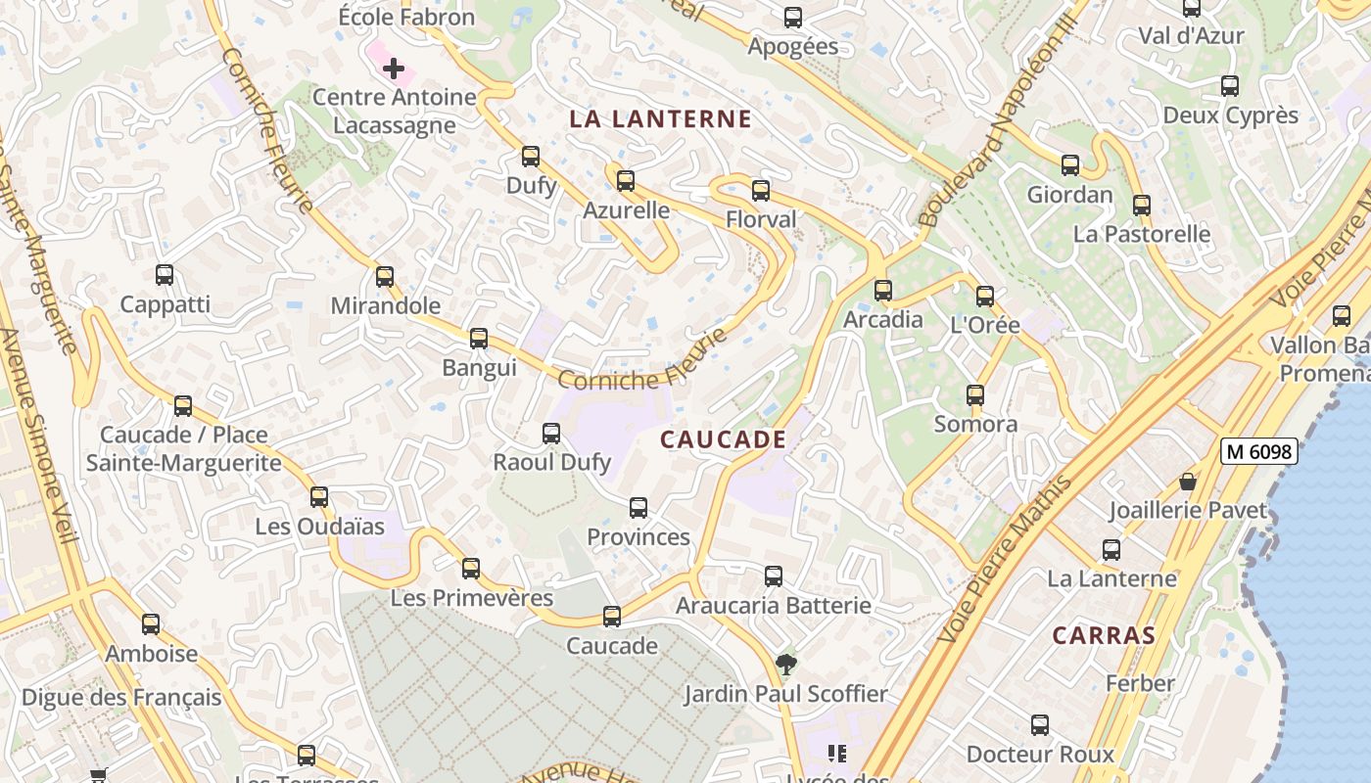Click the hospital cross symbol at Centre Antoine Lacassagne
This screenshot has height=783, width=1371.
pyautogui.click(x=393, y=69)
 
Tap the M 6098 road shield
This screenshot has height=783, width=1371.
pyautogui.click(x=1259, y=451)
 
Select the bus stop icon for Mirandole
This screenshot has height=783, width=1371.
pyautogui.click(x=385, y=277)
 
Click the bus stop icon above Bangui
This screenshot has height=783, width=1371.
pyautogui.click(x=479, y=339)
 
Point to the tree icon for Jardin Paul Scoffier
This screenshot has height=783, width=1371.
pyautogui.click(x=785, y=666)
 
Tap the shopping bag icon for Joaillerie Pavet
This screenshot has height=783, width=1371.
pyautogui.click(x=1188, y=482)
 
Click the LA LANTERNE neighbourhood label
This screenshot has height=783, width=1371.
pyautogui.click(x=660, y=119)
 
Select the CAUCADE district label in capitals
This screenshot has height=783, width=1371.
pyautogui.click(x=723, y=439)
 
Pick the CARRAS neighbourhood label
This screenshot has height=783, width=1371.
pyautogui.click(x=1104, y=635)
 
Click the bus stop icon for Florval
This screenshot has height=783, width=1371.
pyautogui.click(x=761, y=191)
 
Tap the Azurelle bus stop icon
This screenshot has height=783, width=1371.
pyautogui.click(x=626, y=181)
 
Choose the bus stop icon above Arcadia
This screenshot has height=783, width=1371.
pyautogui.click(x=883, y=291)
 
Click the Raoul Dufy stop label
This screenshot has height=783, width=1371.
pyautogui.click(x=552, y=462)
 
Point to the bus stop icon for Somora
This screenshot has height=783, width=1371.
pyautogui.click(x=975, y=395)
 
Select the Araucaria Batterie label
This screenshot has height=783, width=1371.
pyautogui.click(x=773, y=606)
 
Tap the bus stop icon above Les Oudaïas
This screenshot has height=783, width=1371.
pyautogui.click(x=319, y=497)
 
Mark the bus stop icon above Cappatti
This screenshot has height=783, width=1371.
pyautogui.click(x=165, y=276)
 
